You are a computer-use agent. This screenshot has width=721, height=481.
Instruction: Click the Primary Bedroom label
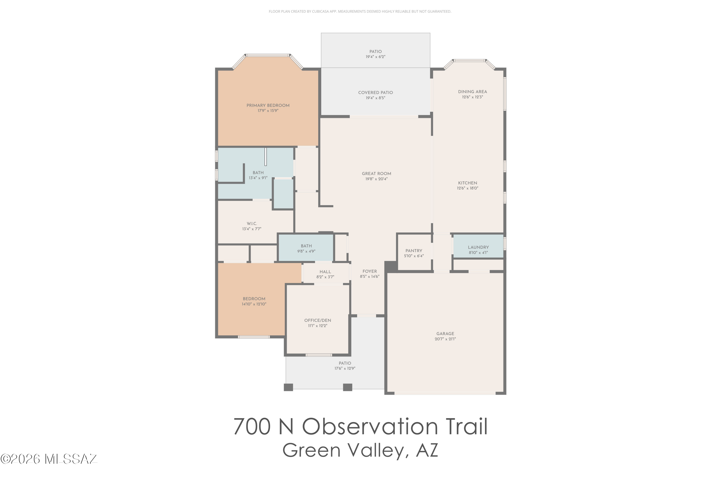coord(268,106)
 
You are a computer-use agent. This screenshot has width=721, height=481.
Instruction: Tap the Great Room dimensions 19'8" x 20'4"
coord(376,179)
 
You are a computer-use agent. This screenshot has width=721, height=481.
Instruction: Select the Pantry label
coord(414,251)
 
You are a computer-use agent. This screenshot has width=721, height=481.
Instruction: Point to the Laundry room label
coord(478,247)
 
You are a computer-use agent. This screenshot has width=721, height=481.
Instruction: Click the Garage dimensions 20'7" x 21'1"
coord(445,339)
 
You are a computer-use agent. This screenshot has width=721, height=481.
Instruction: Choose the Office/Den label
coord(317,320)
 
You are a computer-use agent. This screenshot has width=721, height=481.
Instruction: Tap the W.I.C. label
coord(252,224)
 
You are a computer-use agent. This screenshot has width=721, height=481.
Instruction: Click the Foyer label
coord(370,271)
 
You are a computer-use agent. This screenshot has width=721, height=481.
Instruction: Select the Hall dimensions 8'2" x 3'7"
coord(325,277)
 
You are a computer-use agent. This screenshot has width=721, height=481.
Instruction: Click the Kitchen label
coord(467,183)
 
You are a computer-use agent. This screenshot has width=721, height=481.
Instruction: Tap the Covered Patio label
coord(375,93)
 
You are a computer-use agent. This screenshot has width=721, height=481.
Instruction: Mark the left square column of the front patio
coord(288,387)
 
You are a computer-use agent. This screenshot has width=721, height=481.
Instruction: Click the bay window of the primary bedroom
coord(268,56)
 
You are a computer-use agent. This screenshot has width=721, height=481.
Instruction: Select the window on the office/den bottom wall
coord(318,355)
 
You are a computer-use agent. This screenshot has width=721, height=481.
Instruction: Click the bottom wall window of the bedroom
coord(254,337)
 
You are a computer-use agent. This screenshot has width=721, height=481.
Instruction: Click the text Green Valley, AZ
coord(360,450)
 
